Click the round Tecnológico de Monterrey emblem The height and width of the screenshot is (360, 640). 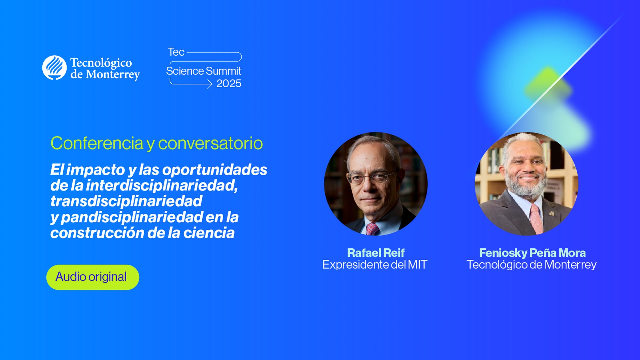pyautogui.click(x=54, y=68)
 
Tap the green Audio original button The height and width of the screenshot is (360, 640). pyautogui.click(x=93, y=277)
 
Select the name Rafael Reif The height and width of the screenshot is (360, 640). pyautogui.click(x=375, y=253)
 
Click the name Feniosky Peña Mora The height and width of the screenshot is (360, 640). pyautogui.click(x=532, y=253)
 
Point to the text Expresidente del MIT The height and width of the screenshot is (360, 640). pyautogui.click(x=375, y=265)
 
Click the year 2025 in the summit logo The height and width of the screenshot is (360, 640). pyautogui.click(x=229, y=84)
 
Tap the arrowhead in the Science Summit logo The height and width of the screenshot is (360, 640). pyautogui.click(x=210, y=84)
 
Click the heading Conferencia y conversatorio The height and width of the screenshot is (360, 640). pyautogui.click(x=157, y=143)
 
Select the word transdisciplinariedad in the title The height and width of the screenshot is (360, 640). pyautogui.click(x=126, y=201)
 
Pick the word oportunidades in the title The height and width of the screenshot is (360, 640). pyautogui.click(x=215, y=170)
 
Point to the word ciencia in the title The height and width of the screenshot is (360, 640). pyautogui.click(x=209, y=233)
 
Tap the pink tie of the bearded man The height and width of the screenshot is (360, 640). pyautogui.click(x=536, y=220)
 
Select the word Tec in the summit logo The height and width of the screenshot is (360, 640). pyautogui.click(x=176, y=52)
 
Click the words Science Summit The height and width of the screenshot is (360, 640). pyautogui.click(x=203, y=71)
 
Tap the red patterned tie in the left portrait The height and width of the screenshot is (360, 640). pyautogui.click(x=372, y=229)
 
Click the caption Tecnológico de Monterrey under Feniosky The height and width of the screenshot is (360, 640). pyautogui.click(x=531, y=265)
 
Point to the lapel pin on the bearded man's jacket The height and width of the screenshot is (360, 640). pyautogui.click(x=552, y=213)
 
